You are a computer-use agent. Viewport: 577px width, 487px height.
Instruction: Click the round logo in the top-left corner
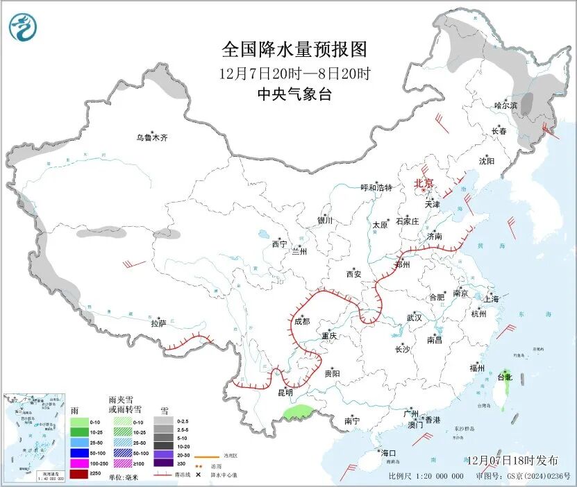click(x=22, y=27)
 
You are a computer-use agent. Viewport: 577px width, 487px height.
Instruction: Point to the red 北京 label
click(x=424, y=184)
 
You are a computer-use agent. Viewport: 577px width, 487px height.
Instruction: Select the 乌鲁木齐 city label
click(x=151, y=138)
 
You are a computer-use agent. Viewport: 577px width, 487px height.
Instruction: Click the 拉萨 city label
click(x=158, y=323)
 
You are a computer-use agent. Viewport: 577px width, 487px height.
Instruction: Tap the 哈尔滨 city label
click(x=506, y=105)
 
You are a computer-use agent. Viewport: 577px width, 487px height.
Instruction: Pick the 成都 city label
click(x=301, y=321)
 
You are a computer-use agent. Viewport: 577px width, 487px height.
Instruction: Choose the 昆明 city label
click(x=285, y=393)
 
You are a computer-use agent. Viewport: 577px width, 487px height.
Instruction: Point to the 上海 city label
click(x=492, y=299)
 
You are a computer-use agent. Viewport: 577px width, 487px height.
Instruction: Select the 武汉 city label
click(x=414, y=318)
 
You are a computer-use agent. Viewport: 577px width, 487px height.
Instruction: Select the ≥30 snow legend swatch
click(x=165, y=463)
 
